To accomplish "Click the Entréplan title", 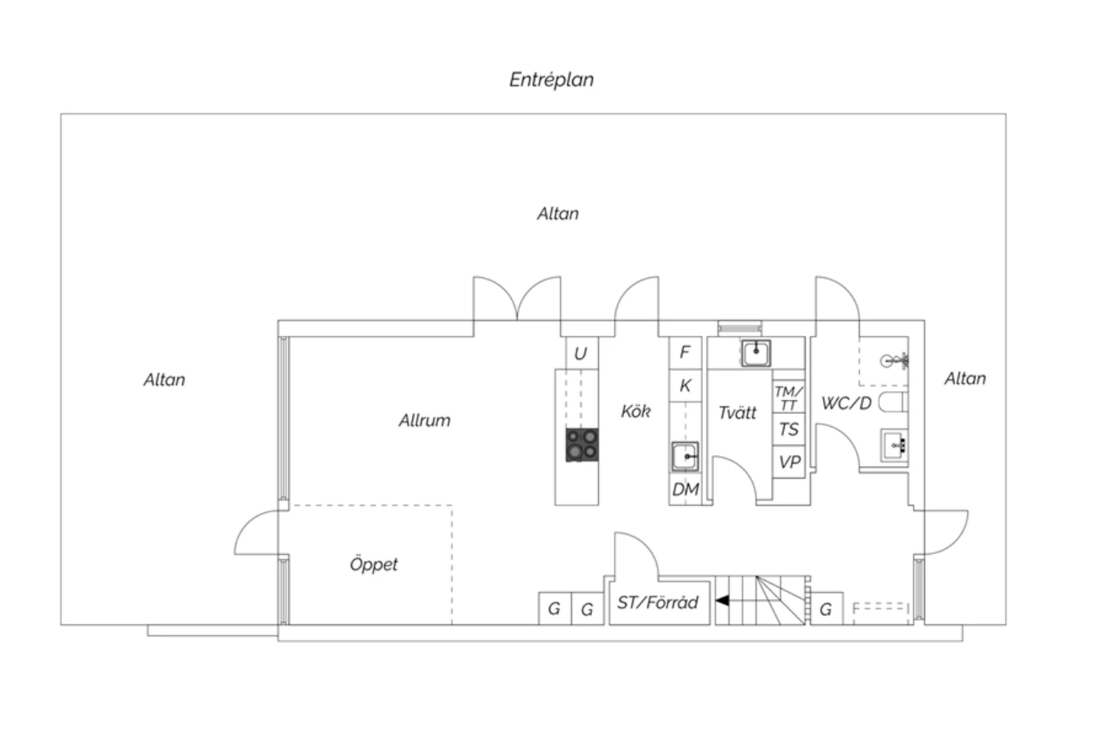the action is click(x=551, y=80).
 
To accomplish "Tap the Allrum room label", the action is click(x=425, y=420).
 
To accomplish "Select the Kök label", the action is click(x=635, y=411).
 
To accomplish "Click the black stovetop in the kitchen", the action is click(x=582, y=445).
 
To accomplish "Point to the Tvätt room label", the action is click(x=737, y=413).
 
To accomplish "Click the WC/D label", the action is click(x=847, y=403).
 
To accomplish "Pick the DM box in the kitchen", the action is click(x=685, y=489).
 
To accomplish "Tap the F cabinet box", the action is click(x=685, y=352).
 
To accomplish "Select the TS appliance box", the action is click(x=789, y=430).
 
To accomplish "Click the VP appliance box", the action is click(x=789, y=462).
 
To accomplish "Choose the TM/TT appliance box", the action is click(x=789, y=398).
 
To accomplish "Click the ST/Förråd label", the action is click(x=658, y=603).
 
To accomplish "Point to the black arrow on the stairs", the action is click(x=722, y=601).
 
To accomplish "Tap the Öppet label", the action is click(x=373, y=565).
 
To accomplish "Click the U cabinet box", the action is click(x=582, y=353).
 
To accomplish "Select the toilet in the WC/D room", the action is click(x=894, y=402).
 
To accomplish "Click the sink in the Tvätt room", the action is click(x=756, y=353).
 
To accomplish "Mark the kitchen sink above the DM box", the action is click(x=685, y=457).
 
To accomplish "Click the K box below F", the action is click(x=685, y=386).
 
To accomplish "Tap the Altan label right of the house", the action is click(x=965, y=379).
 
